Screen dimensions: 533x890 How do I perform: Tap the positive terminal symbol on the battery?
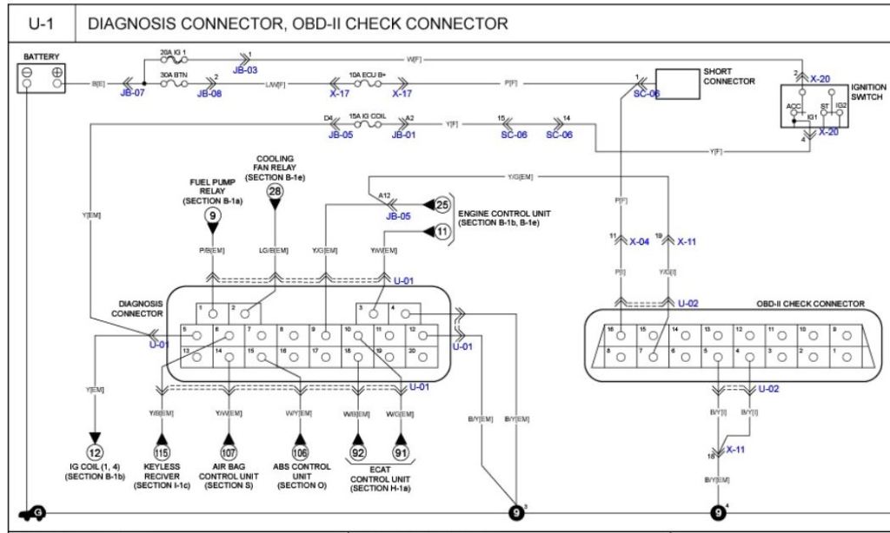[57, 73]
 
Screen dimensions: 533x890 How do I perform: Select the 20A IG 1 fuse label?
[173, 53]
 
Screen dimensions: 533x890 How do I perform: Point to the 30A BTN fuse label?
[173, 76]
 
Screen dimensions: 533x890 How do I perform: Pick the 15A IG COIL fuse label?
[367, 115]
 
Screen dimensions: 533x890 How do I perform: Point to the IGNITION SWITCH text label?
[869, 92]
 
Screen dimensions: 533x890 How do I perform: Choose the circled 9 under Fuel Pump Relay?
[212, 214]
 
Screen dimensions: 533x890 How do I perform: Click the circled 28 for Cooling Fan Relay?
[275, 192]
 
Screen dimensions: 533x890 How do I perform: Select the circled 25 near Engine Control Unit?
[442, 205]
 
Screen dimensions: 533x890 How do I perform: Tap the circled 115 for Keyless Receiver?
[161, 451]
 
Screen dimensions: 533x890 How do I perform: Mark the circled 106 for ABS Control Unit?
[301, 451]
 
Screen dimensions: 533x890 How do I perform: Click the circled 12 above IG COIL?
[94, 451]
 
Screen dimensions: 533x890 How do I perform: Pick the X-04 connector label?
[639, 242]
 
